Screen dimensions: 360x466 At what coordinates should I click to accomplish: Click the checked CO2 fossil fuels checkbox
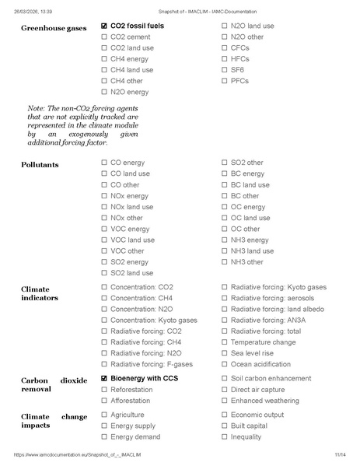(104, 26)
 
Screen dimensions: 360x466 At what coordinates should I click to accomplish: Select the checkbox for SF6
(225, 70)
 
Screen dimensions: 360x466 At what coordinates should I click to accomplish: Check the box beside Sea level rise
(225, 353)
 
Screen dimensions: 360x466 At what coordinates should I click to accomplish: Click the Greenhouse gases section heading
(53, 28)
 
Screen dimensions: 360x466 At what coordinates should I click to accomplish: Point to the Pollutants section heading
(40, 165)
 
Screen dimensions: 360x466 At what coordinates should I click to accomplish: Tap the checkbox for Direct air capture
(225, 390)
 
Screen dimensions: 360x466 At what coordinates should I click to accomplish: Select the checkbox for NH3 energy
(225, 240)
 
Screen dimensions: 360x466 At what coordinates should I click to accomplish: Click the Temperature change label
(263, 342)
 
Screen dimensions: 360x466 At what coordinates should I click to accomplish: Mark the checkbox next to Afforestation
(104, 401)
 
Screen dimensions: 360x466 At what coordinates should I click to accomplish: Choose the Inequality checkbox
(225, 437)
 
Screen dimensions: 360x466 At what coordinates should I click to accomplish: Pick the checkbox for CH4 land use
(104, 70)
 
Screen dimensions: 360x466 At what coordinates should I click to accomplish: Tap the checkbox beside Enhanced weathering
(225, 401)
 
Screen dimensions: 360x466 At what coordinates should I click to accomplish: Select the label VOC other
(127, 251)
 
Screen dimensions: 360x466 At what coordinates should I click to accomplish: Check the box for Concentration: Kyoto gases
(104, 321)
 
